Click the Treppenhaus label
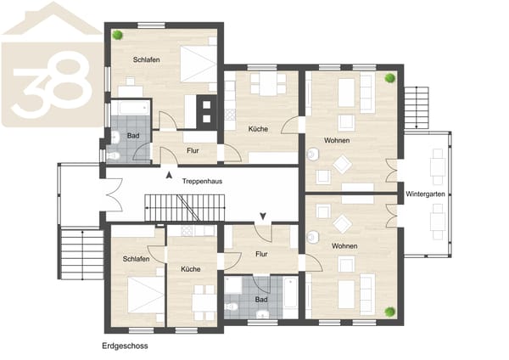coord(202,181)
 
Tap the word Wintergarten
coord(425,194)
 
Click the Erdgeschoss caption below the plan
coord(125,346)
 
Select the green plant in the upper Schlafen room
coord(118,35)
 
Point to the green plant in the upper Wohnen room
coord(390,78)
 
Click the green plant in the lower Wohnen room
coord(390,312)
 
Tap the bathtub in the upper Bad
coord(131,108)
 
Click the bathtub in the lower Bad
coord(290,292)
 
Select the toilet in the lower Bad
coord(231,306)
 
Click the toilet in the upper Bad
coord(113,156)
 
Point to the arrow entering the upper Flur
coord(169,176)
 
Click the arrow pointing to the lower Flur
coord(263,216)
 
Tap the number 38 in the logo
coord(52,88)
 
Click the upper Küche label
coord(258,129)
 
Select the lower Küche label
coord(191,269)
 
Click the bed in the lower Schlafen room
coord(146,295)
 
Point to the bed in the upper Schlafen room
coord(199,64)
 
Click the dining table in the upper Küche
coord(268,84)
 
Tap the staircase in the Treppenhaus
coord(185,208)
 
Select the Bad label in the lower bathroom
coord(261,299)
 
